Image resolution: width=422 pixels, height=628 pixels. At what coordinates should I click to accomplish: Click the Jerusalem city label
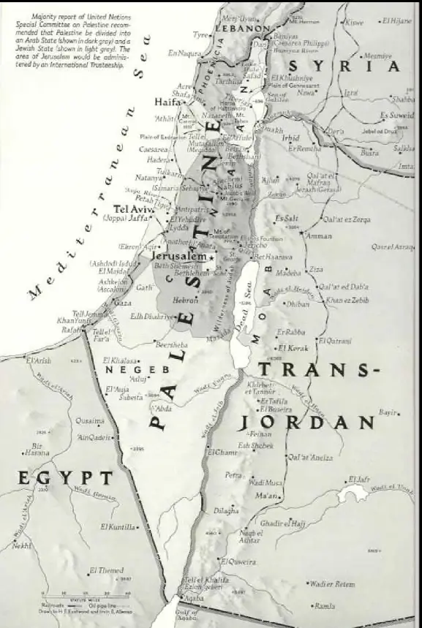tap(178, 258)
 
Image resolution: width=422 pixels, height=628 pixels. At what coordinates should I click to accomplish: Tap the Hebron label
tap(185, 300)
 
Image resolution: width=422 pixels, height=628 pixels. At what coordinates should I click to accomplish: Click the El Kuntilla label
tap(118, 526)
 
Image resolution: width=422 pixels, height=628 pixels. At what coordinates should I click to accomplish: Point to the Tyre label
tap(200, 34)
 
